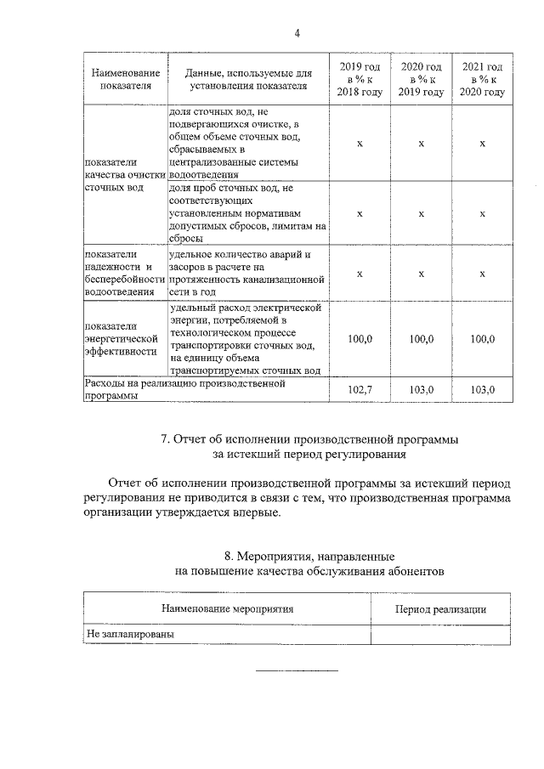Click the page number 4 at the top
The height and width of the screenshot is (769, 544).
[x=297, y=33]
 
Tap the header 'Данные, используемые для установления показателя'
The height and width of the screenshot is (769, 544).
[x=249, y=79]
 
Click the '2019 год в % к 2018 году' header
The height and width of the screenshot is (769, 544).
[x=360, y=79]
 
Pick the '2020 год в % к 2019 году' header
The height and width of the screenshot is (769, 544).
[x=422, y=79]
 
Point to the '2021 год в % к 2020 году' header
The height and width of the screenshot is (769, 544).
[x=482, y=79]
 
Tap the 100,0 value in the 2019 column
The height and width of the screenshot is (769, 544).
[x=360, y=339]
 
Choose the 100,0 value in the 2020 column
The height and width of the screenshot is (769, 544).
[x=422, y=339]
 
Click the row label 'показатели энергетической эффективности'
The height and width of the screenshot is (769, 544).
[x=119, y=338]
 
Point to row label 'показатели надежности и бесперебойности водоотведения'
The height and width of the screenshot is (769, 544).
[x=123, y=273]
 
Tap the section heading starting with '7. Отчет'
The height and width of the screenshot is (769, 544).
[x=309, y=440]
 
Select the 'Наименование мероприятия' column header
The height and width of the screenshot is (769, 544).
[x=227, y=609]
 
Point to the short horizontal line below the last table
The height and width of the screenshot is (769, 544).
[x=297, y=671]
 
